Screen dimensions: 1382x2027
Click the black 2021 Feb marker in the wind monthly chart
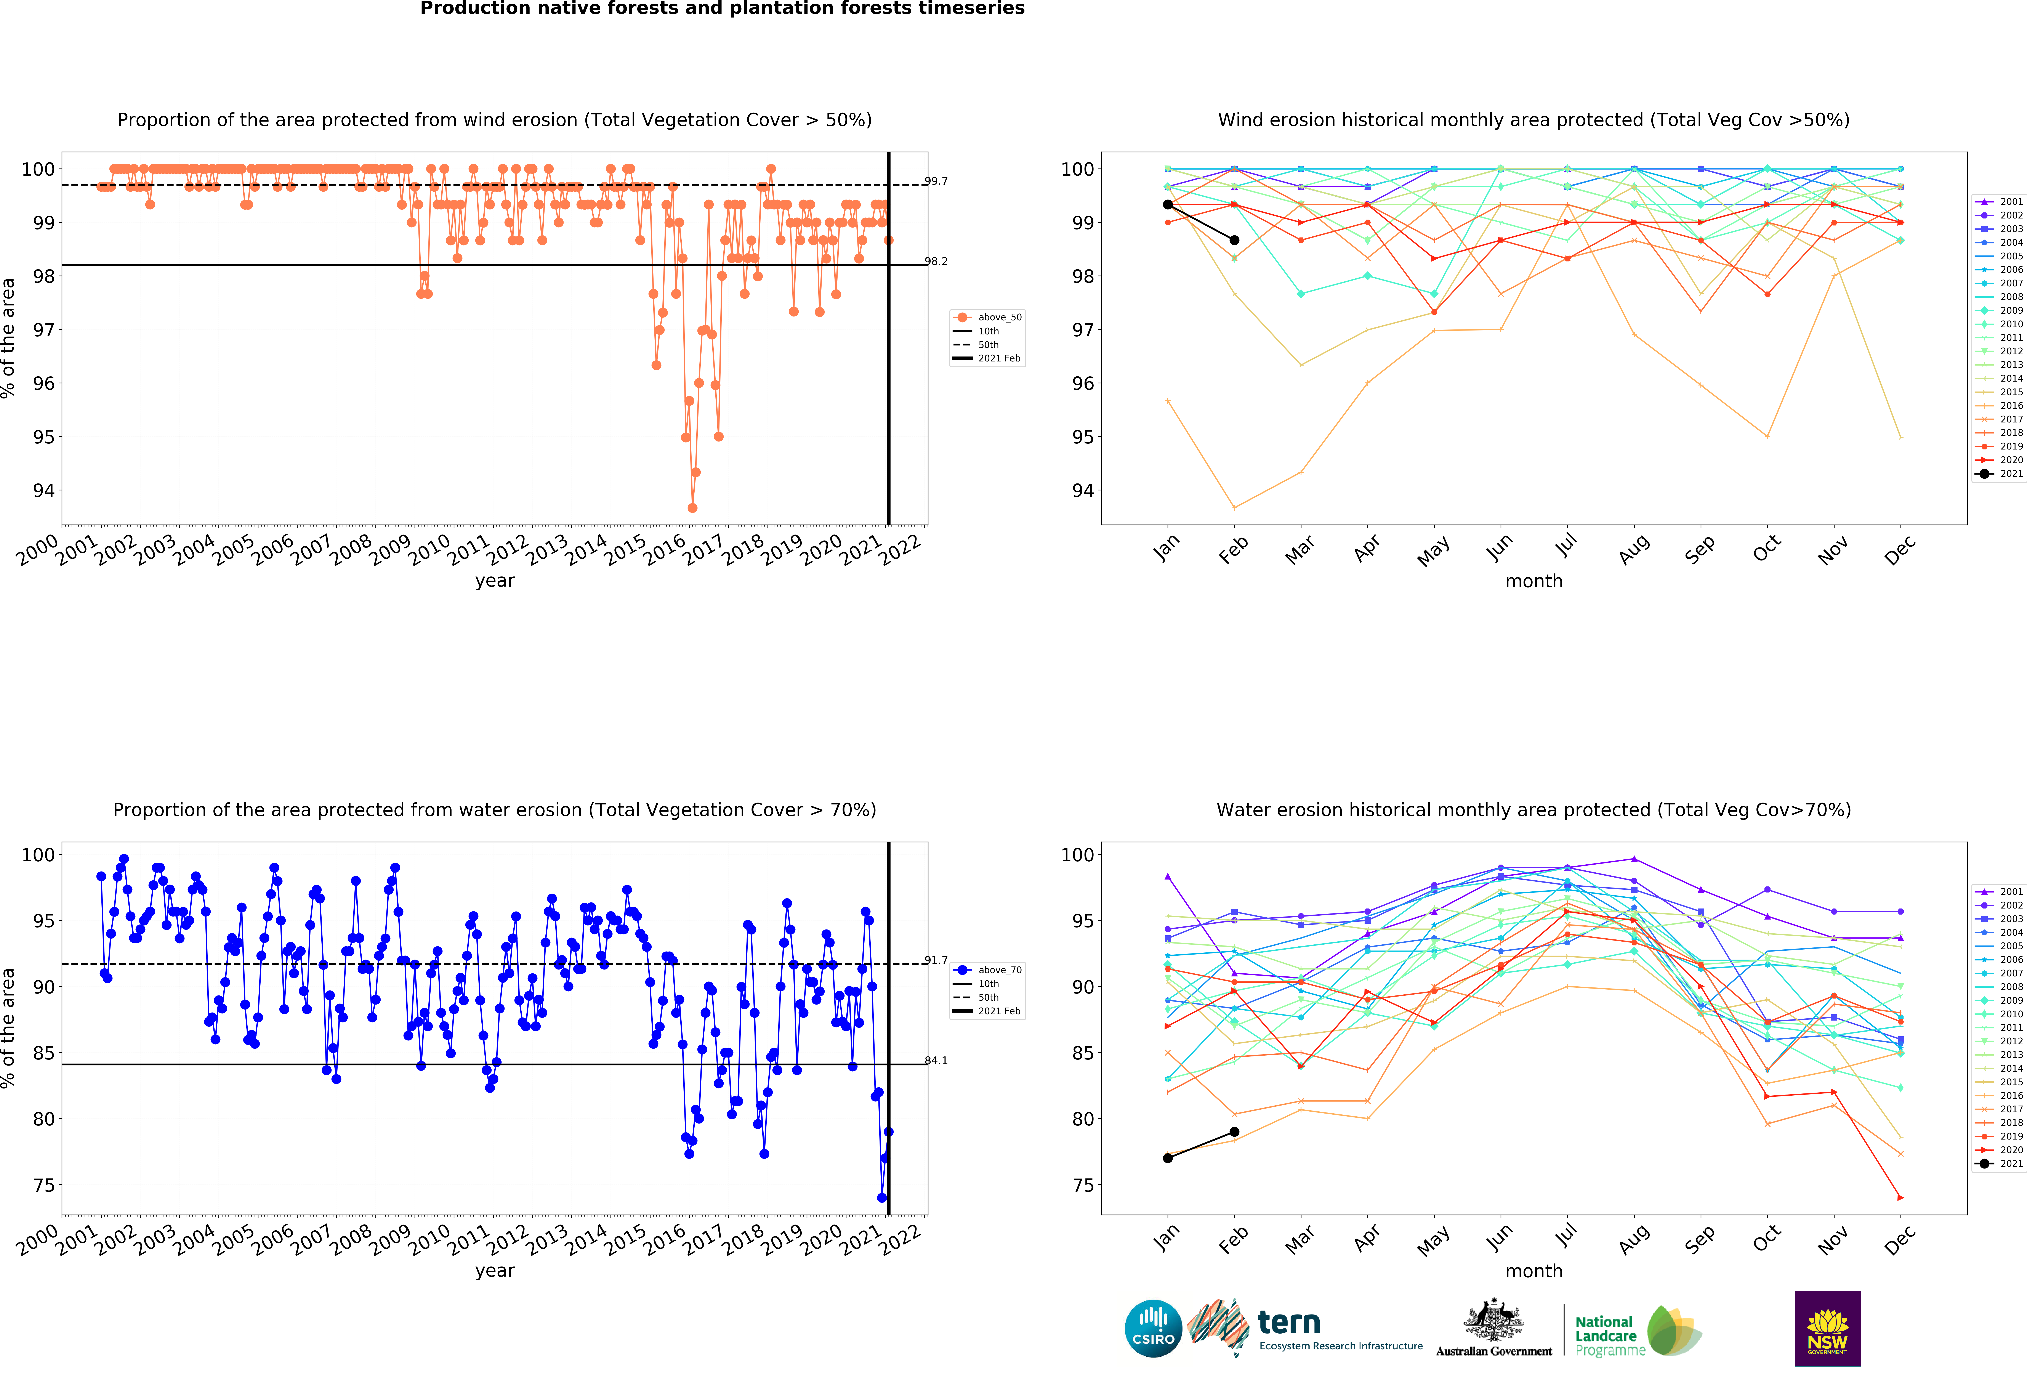click(1234, 240)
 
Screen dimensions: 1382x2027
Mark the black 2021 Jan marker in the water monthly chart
click(1168, 1158)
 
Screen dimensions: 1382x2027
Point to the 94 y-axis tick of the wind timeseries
click(44, 490)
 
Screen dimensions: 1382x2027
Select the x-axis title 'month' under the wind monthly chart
click(1533, 581)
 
